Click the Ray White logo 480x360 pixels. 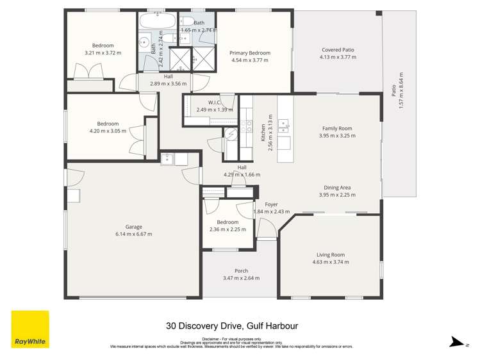29,329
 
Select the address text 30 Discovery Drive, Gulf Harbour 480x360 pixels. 231,325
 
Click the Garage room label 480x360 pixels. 133,227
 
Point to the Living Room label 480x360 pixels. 329,255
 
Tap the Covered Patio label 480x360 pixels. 338,49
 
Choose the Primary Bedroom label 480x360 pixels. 249,53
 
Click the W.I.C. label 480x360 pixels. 215,102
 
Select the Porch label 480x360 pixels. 241,271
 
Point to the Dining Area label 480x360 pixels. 337,188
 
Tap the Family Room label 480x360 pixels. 337,128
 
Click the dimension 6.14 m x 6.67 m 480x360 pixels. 133,234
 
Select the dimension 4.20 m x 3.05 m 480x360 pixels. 108,131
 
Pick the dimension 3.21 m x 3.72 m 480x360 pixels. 103,53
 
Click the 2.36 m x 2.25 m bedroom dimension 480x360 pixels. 228,229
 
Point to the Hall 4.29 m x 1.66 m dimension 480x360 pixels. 242,174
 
